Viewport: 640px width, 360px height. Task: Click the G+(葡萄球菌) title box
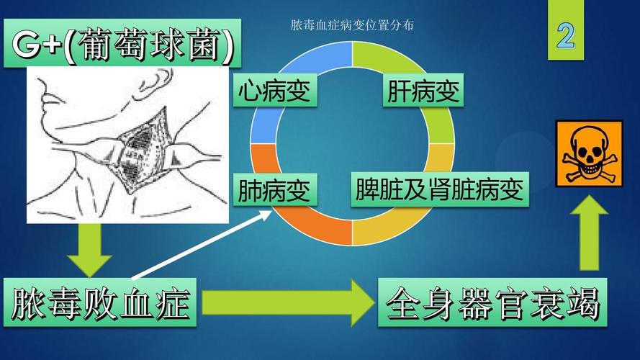click(x=122, y=46)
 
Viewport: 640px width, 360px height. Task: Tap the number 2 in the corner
click(x=567, y=35)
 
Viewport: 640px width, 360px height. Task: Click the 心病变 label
click(x=274, y=92)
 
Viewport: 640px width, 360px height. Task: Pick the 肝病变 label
click(x=423, y=92)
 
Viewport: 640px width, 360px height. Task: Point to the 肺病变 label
click(x=274, y=191)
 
